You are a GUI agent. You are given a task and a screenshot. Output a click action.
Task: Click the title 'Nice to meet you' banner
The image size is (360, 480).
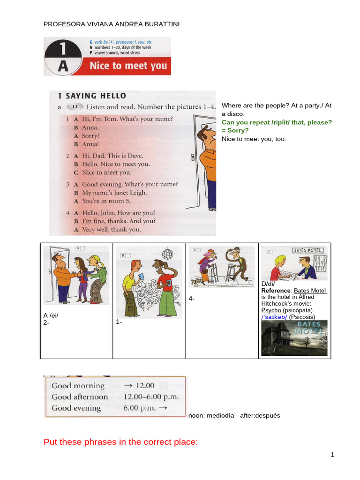(x=127, y=66)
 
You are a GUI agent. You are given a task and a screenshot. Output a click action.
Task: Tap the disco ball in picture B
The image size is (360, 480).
(x=167, y=252)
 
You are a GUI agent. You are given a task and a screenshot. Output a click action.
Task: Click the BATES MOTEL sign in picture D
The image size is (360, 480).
(x=307, y=250)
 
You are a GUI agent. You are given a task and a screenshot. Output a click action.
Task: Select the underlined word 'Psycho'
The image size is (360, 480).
(x=271, y=310)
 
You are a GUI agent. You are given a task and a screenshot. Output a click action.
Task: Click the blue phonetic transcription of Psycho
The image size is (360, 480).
(x=274, y=317)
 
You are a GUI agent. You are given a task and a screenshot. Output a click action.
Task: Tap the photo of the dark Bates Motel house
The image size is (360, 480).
(x=294, y=338)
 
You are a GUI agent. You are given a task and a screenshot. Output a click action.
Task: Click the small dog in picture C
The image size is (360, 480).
(x=195, y=281)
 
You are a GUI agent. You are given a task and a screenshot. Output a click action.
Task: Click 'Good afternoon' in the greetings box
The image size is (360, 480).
(x=80, y=397)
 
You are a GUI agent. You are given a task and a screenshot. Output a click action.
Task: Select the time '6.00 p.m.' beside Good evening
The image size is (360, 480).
(x=140, y=408)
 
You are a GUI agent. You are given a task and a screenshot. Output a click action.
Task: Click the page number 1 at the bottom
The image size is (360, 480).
(x=332, y=455)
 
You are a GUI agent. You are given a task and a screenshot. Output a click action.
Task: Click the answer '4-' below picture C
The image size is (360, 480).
(x=192, y=299)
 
